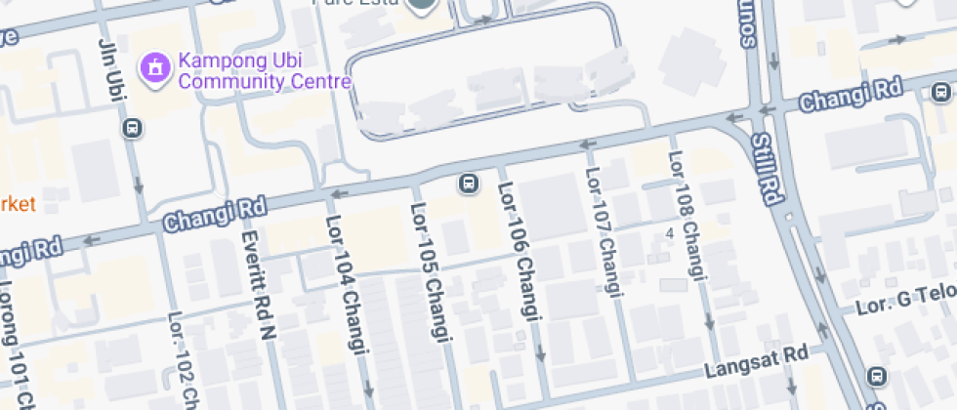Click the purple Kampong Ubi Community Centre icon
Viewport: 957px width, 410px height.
154,67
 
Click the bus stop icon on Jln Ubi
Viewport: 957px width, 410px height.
134,127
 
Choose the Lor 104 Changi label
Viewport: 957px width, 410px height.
348,302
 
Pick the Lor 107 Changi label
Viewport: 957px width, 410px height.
603,232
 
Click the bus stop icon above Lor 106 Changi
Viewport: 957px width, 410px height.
469,183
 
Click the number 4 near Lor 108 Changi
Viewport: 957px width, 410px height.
670,234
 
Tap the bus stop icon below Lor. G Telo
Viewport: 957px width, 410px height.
876,376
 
